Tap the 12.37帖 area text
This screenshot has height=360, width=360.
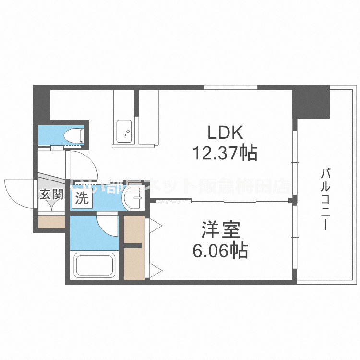(225, 153)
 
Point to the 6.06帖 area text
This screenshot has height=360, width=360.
(221, 251)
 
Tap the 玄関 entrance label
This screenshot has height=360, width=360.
(51, 194)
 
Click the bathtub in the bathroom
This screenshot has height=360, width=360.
(95, 265)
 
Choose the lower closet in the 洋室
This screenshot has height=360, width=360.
(134, 264)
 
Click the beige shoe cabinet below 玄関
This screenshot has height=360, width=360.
(51, 222)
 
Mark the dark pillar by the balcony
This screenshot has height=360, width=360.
(312, 102)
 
